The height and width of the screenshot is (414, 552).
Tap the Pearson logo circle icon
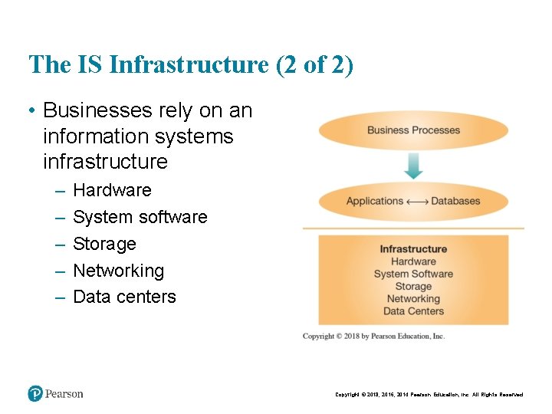34,394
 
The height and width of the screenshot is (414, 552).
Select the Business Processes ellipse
413,130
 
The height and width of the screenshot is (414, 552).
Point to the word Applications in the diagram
374,202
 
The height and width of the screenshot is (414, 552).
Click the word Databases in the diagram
455,202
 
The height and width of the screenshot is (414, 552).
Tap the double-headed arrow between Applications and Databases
417,202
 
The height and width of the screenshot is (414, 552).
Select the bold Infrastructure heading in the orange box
413,249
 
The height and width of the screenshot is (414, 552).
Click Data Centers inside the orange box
413,311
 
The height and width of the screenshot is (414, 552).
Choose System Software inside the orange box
413,274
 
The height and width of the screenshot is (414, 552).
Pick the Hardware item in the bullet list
112,190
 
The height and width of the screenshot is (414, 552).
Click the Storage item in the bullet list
104,244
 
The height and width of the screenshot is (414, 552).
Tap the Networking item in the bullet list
118,271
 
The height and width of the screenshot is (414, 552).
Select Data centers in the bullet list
124,297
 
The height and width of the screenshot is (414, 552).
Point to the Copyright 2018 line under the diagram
373,336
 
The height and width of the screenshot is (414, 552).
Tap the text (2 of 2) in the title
314,64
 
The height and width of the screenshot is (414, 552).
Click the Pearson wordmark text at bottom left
64,394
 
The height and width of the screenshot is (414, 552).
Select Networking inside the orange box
413,299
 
